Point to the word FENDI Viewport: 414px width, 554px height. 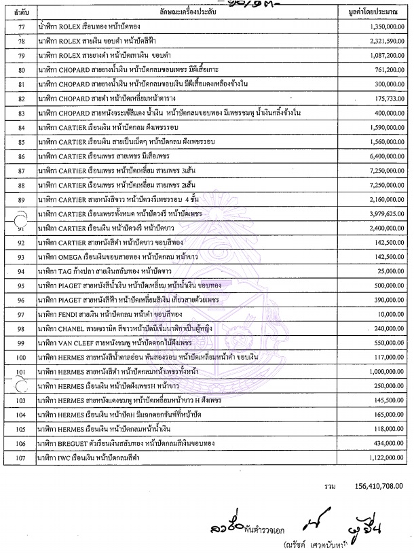(x=69, y=315)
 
